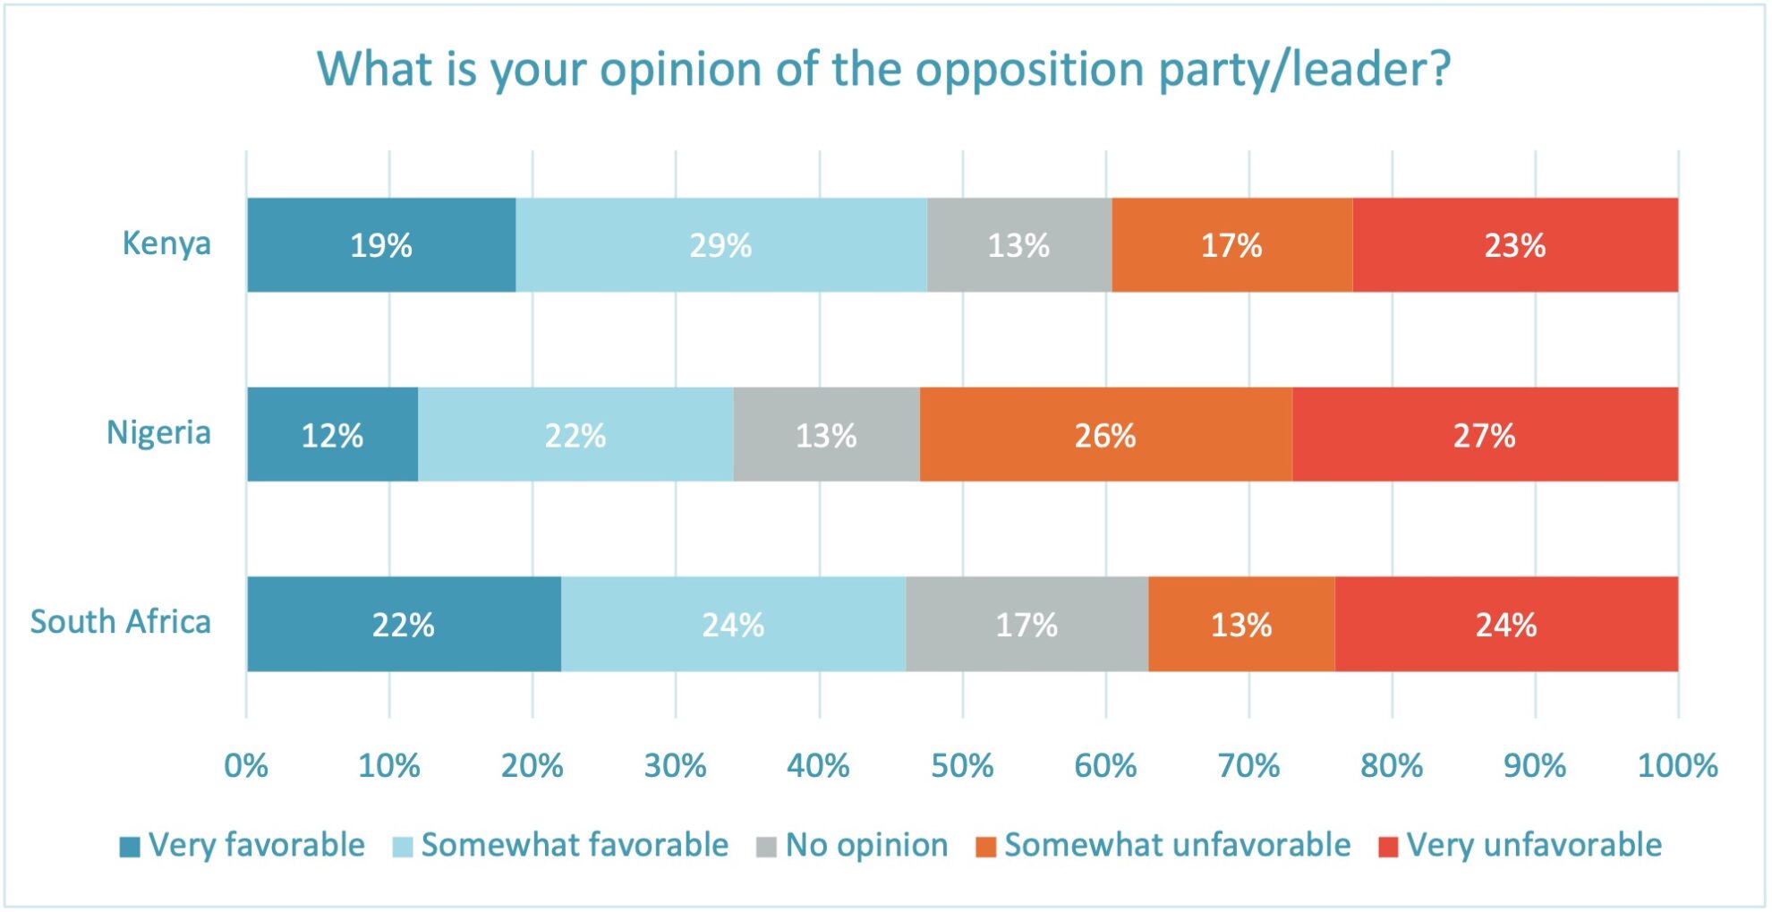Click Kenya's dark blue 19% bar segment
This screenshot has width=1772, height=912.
(381, 245)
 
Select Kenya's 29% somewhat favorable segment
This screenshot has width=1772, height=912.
(720, 245)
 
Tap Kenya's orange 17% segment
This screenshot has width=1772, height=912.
(1231, 245)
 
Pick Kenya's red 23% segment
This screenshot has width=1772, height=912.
(1514, 245)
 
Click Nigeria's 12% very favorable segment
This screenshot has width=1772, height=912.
(332, 435)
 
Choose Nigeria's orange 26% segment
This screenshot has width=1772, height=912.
(1105, 435)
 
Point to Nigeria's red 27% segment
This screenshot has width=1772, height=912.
(1484, 435)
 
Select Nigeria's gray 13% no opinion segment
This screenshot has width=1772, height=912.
(826, 435)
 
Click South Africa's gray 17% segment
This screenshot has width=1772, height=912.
(1027, 625)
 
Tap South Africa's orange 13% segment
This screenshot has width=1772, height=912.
(1241, 625)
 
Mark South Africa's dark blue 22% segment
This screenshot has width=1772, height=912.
(404, 625)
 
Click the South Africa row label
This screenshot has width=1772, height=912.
(121, 622)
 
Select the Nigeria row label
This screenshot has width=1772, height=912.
(158, 432)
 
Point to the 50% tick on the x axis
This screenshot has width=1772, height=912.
(962, 766)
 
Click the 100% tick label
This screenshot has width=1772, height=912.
(1677, 766)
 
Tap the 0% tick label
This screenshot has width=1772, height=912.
(246, 766)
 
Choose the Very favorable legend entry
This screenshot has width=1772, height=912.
(243, 845)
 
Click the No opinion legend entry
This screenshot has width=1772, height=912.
(852, 845)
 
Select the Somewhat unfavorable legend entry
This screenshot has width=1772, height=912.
(1163, 845)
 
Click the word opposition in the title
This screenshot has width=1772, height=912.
(1031, 70)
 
